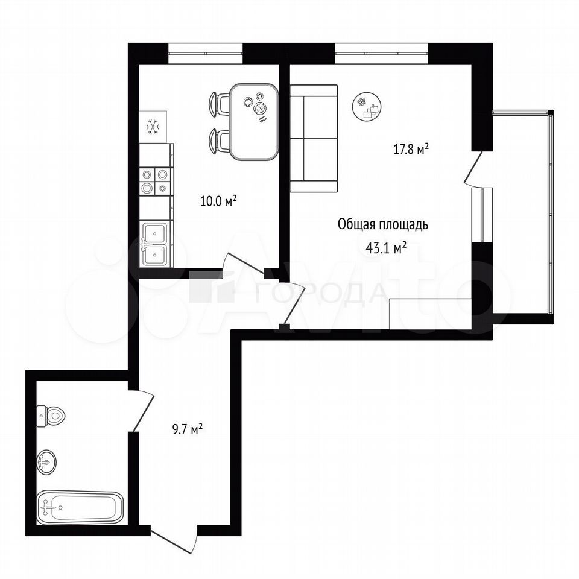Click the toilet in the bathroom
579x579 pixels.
point(51,416)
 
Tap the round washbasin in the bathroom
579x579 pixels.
point(46,461)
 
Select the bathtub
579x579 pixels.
point(80,507)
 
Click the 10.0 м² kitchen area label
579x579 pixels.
point(218,201)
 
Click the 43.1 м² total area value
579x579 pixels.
point(386,248)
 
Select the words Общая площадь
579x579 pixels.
point(384,224)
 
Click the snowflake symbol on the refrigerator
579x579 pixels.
point(153,126)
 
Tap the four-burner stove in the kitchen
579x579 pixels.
point(156,181)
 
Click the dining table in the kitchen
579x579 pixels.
point(254,121)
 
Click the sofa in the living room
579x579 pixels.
point(314,139)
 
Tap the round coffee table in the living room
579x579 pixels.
point(367,106)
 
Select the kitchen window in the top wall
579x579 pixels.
point(205,54)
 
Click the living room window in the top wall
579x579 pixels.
point(381,54)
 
